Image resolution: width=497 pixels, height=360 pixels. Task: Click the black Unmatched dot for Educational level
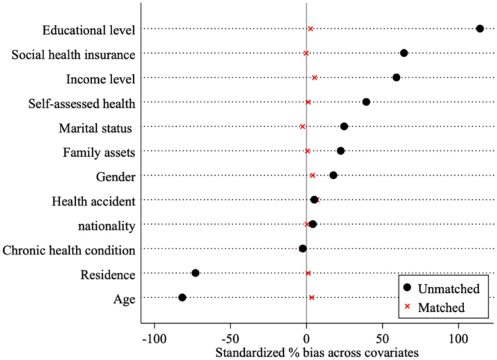click(480, 29)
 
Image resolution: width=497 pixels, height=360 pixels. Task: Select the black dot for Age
click(182, 297)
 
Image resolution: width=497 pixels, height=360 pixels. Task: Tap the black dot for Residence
click(195, 273)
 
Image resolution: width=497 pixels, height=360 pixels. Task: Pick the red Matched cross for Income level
click(314, 77)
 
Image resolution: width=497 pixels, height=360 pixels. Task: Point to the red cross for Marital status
click(302, 126)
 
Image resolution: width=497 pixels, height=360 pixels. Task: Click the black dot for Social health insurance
click(404, 53)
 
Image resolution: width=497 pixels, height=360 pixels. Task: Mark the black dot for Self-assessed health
click(366, 102)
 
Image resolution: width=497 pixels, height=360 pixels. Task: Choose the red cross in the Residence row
click(308, 273)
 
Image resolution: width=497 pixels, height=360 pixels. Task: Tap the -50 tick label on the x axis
click(230, 339)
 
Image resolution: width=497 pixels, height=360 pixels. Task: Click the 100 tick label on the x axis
click(458, 339)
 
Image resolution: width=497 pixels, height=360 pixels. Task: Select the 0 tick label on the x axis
click(306, 339)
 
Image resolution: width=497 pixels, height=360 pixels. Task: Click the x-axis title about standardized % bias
click(316, 352)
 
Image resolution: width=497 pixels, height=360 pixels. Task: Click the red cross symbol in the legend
click(407, 307)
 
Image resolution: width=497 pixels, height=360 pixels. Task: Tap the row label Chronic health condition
click(69, 250)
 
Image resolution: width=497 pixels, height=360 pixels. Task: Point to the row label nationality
click(106, 226)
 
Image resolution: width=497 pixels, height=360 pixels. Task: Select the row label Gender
click(115, 177)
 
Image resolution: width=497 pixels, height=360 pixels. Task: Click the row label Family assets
click(99, 153)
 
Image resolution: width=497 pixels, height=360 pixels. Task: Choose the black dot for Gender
click(333, 175)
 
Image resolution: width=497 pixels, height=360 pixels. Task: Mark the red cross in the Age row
click(312, 297)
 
